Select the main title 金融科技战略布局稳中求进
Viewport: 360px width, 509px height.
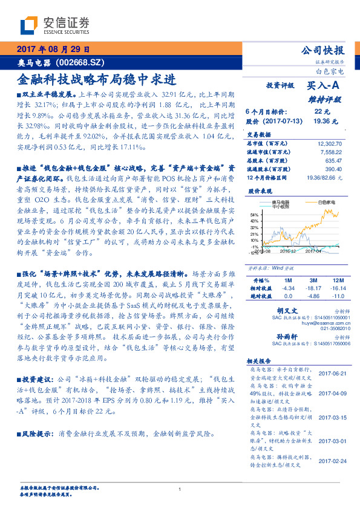97,79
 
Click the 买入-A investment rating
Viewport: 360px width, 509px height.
327,86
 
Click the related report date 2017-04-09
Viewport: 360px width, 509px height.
332,392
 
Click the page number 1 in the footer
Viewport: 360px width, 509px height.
180,490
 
